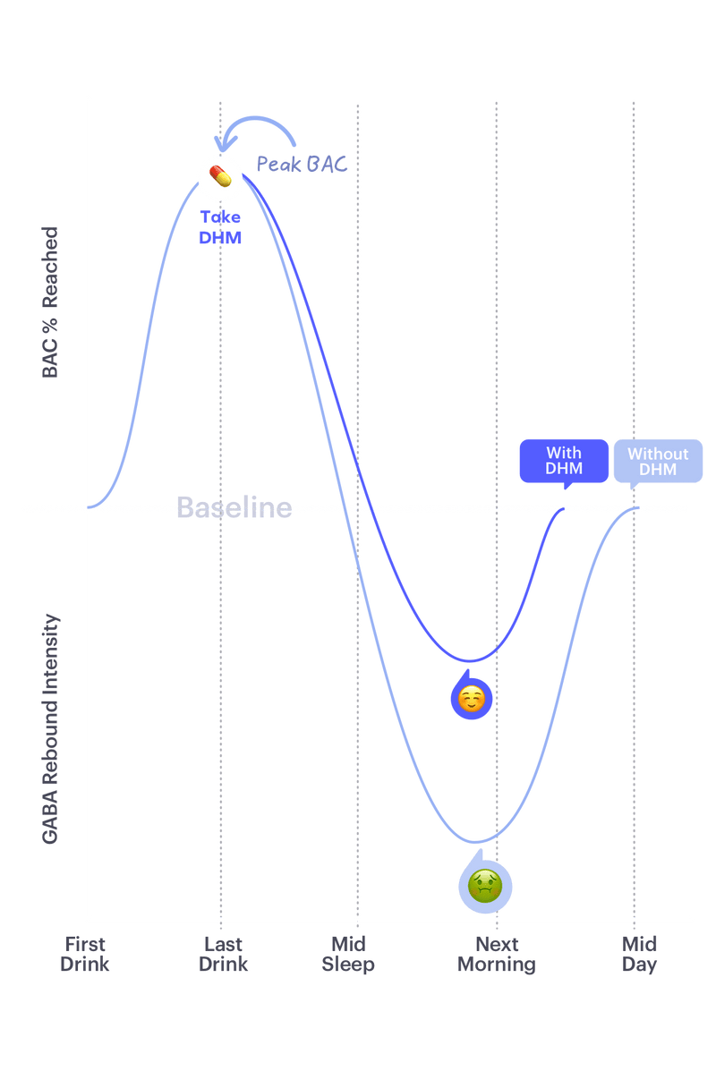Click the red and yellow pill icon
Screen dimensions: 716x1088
[x=220, y=176]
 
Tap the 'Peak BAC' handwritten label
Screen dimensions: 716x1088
[x=302, y=164]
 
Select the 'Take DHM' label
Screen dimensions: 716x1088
[x=220, y=227]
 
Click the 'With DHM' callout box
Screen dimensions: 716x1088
[x=564, y=461]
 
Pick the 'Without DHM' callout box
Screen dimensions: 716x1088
[x=658, y=461]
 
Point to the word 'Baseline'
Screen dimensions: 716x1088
[x=234, y=507]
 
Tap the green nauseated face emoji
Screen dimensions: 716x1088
[x=485, y=886]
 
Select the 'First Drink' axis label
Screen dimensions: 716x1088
[x=85, y=954]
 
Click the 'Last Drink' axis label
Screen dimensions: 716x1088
[x=224, y=954]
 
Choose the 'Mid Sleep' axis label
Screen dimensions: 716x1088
[x=348, y=955]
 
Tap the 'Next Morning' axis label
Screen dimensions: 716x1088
[x=497, y=955]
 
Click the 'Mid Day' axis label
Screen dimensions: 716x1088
[x=640, y=955]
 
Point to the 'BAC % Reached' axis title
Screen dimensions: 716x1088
[x=50, y=302]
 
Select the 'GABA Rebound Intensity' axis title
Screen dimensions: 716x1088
[x=50, y=728]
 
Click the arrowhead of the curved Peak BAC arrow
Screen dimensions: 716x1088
[x=223, y=146]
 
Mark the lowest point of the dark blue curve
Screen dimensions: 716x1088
[x=470, y=660]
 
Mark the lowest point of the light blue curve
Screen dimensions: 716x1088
[x=476, y=842]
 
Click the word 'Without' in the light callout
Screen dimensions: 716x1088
[x=658, y=454]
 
